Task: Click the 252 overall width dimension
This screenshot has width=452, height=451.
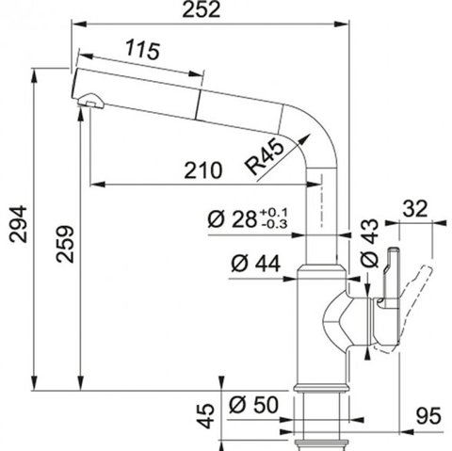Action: [x=202, y=9]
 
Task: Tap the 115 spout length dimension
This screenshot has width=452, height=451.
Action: [x=143, y=50]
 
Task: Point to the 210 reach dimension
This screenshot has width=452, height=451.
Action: [x=203, y=170]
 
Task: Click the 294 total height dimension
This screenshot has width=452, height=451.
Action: [x=18, y=224]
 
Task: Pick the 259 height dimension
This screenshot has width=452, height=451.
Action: [x=65, y=244]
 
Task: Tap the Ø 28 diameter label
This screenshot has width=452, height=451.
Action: [x=233, y=218]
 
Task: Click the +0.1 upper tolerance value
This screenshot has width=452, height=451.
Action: [x=273, y=213]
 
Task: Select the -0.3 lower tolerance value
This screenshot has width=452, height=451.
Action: [x=274, y=224]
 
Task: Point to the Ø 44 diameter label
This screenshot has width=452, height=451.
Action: [x=255, y=264]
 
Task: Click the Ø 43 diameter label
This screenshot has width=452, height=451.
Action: [x=370, y=243]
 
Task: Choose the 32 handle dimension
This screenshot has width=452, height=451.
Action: [x=415, y=208]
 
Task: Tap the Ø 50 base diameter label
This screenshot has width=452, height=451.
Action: [x=253, y=404]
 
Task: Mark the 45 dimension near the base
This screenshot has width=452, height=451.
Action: [x=205, y=416]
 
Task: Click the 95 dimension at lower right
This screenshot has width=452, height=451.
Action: [x=428, y=415]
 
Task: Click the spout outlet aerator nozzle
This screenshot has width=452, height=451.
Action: [x=91, y=101]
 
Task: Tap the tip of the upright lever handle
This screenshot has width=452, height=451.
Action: [x=394, y=250]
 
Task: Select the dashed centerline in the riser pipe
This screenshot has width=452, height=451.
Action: [x=321, y=200]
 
